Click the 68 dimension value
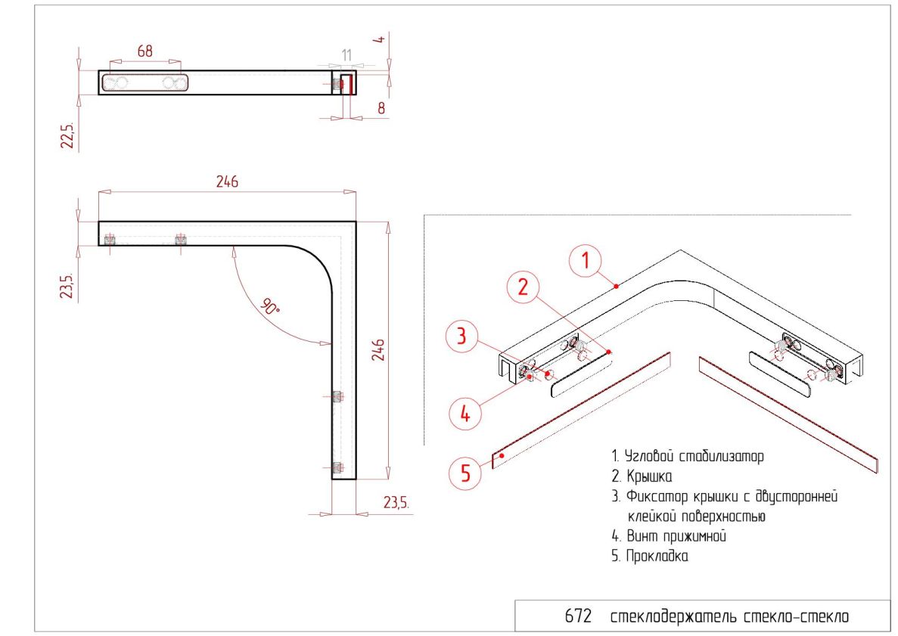[145, 51]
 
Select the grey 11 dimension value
[346, 55]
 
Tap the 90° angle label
[270, 306]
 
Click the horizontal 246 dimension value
[227, 181]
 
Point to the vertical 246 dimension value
[378, 350]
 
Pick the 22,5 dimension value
[68, 135]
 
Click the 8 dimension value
[381, 107]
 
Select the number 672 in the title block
[578, 616]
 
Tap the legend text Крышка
[649, 476]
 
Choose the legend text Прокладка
[657, 556]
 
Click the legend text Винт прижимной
[676, 536]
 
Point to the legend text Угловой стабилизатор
[694, 456]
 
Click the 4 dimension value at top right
[378, 39]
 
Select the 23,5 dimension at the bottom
[396, 503]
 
